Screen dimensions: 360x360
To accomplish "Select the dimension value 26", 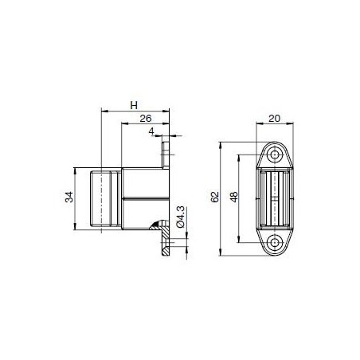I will pos(145,119).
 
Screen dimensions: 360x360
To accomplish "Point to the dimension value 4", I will pos(152,132).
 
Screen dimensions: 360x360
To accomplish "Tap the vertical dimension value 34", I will pos(69,198).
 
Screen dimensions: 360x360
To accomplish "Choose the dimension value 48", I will pos(232,198).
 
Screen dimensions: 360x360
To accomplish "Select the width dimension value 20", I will pos(275,119).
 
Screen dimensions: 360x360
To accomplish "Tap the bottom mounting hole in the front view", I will pos(276,242).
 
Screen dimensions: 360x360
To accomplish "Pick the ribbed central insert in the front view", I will pos(276,198).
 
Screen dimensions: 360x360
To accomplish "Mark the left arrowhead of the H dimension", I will pos(104,112).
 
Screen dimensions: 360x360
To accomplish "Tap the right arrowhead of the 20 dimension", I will pos(292,126).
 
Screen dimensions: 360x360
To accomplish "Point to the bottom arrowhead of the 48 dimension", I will pos(237,239).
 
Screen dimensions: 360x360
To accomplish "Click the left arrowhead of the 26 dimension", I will pos(123,126).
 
